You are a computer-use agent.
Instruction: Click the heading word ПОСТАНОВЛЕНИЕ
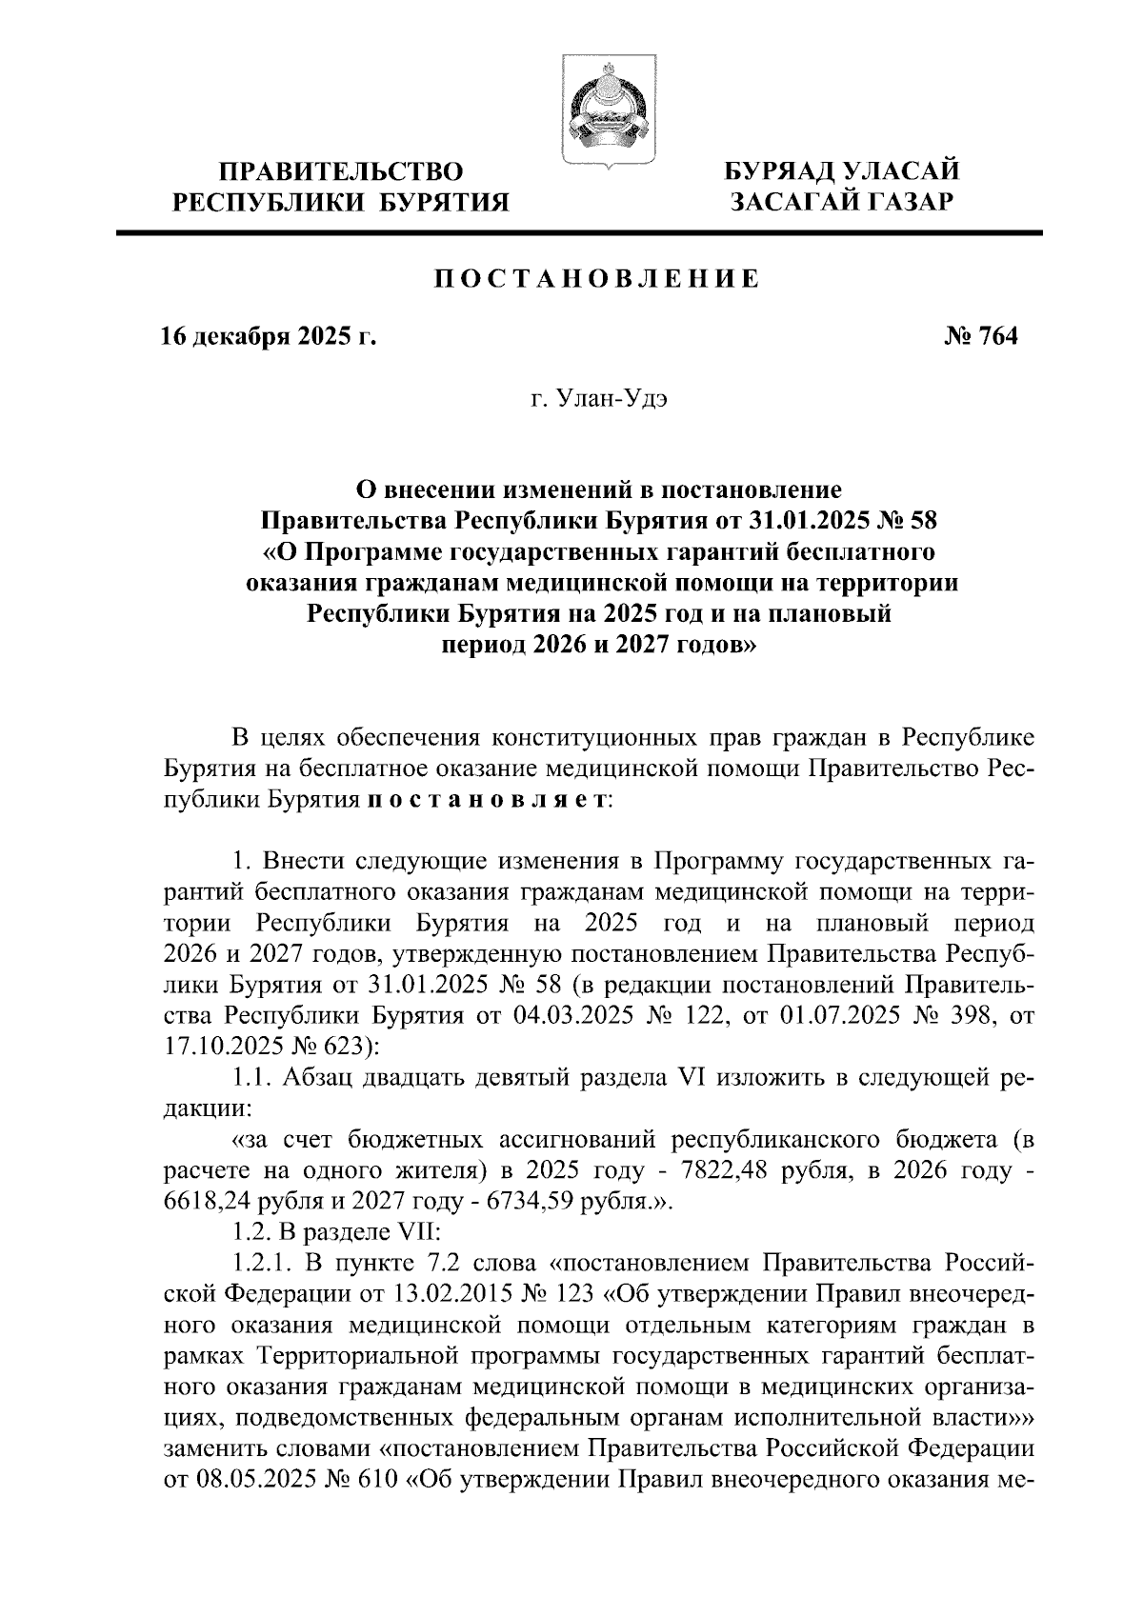pos(598,279)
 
